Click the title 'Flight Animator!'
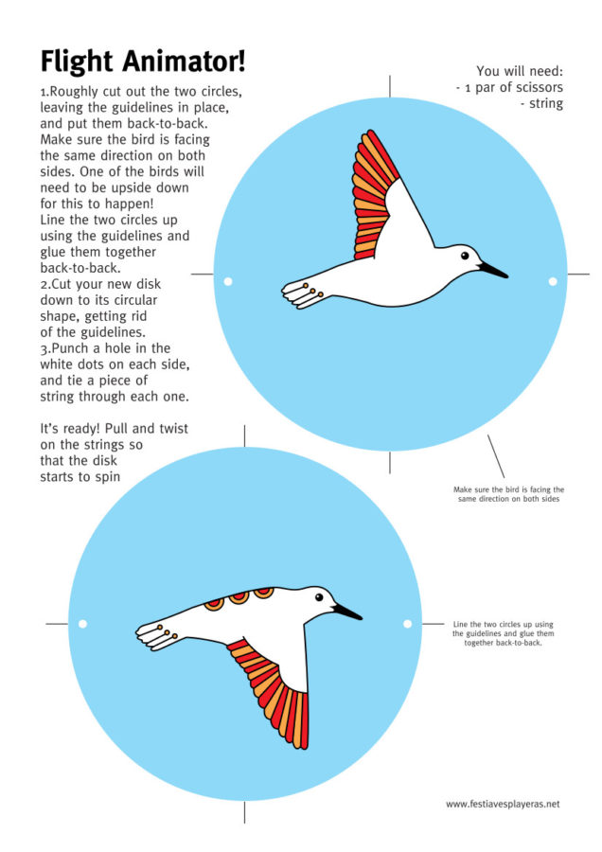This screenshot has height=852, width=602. [143, 62]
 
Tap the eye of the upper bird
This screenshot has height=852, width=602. [465, 255]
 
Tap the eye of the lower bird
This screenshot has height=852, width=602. [319, 597]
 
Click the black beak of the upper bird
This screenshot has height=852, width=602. [493, 270]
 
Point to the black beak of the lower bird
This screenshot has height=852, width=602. [347, 612]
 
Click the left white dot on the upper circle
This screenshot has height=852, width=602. [228, 281]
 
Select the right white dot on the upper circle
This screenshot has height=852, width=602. [553, 281]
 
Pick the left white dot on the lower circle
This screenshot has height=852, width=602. [82, 624]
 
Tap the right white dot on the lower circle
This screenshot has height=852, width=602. [408, 624]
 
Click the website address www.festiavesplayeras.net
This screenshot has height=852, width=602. [503, 804]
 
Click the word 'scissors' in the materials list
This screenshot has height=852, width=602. [540, 87]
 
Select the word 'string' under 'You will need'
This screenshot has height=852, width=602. [546, 104]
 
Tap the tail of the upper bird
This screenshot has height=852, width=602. [302, 294]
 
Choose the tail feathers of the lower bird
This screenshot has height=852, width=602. [156, 636]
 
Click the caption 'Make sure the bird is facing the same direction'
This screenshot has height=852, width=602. [508, 494]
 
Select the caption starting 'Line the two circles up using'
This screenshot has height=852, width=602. [504, 633]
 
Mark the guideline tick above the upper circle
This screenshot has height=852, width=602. [390, 86]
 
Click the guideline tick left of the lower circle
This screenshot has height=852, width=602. [57, 624]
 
